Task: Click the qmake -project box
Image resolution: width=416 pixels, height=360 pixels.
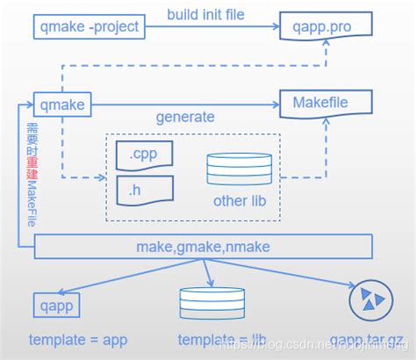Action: pos(89,27)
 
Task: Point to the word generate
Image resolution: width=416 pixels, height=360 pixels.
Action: pos(185,117)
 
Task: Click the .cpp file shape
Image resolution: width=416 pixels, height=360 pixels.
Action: pos(145,154)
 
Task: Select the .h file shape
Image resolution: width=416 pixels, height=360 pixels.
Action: pos(145,187)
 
